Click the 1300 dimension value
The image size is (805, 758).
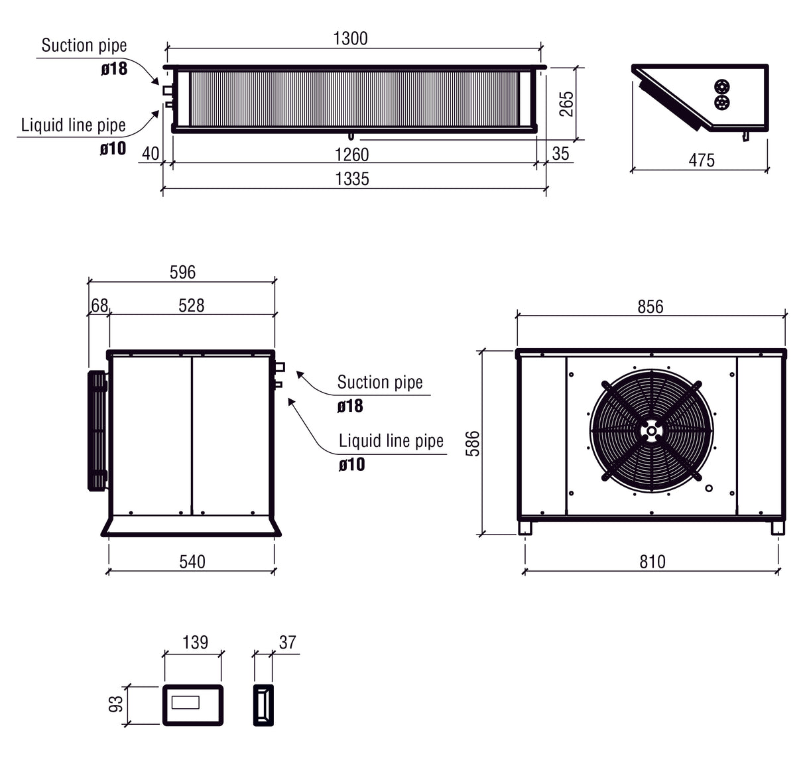350,38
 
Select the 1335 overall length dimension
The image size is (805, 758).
352,179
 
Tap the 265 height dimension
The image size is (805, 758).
567,104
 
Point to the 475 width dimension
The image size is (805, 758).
702,160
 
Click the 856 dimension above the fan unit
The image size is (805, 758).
650,306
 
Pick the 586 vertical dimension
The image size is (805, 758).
473,443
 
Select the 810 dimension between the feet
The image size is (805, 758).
652,562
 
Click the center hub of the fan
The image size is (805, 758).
653,431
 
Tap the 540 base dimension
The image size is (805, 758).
192,562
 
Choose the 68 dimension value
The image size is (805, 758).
99,306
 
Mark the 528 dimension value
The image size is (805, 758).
192,306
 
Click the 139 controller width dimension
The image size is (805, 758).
195,642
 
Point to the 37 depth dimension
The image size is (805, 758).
287,642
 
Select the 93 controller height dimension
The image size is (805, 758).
115,704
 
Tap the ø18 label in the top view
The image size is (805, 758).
114,68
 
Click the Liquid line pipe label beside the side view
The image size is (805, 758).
391,441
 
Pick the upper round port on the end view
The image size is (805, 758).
722,87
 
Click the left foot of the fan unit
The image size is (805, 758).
525,528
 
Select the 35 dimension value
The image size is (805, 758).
560,154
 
